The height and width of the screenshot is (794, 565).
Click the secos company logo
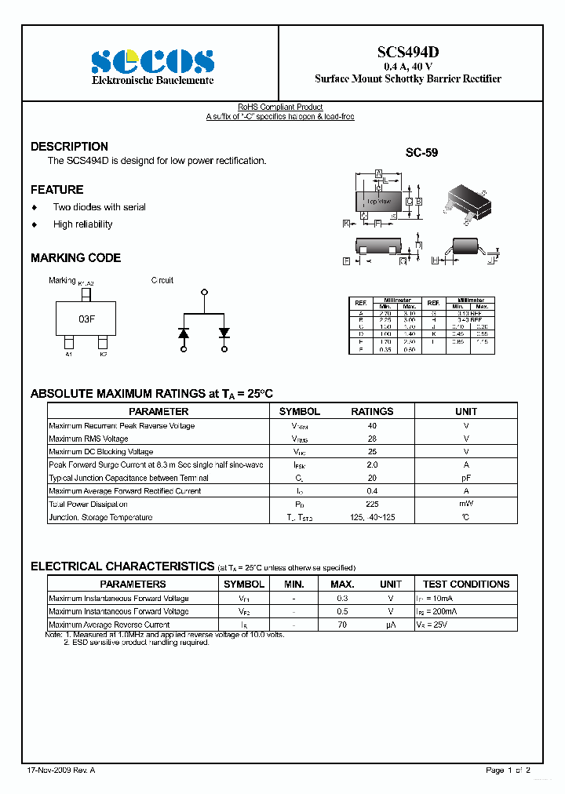tap(152, 61)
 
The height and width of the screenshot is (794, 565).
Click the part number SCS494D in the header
tap(407, 52)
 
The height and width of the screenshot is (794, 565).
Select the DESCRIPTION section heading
tap(69, 147)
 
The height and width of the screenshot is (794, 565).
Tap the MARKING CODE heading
tap(75, 258)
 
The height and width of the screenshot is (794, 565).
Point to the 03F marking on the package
tap(86, 319)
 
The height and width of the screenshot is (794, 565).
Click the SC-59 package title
tap(421, 154)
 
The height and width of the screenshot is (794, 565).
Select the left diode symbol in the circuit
tap(184, 333)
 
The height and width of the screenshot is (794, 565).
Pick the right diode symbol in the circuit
tap(224, 333)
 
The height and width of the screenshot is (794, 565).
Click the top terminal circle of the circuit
tap(205, 292)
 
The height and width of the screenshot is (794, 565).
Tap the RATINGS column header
tap(372, 411)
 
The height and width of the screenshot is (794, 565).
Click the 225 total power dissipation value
tap(372, 504)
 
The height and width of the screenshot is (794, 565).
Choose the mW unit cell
tap(466, 504)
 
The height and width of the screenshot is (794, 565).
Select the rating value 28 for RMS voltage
tap(372, 439)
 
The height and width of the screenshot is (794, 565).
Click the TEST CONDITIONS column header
tap(466, 584)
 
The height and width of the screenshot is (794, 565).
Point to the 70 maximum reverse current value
tap(342, 625)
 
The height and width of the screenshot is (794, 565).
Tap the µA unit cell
tap(390, 625)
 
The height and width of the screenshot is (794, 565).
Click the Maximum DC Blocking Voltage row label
tap(101, 452)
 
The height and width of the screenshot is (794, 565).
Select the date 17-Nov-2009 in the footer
tap(46, 770)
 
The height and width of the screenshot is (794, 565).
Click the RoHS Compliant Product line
tap(280, 107)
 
